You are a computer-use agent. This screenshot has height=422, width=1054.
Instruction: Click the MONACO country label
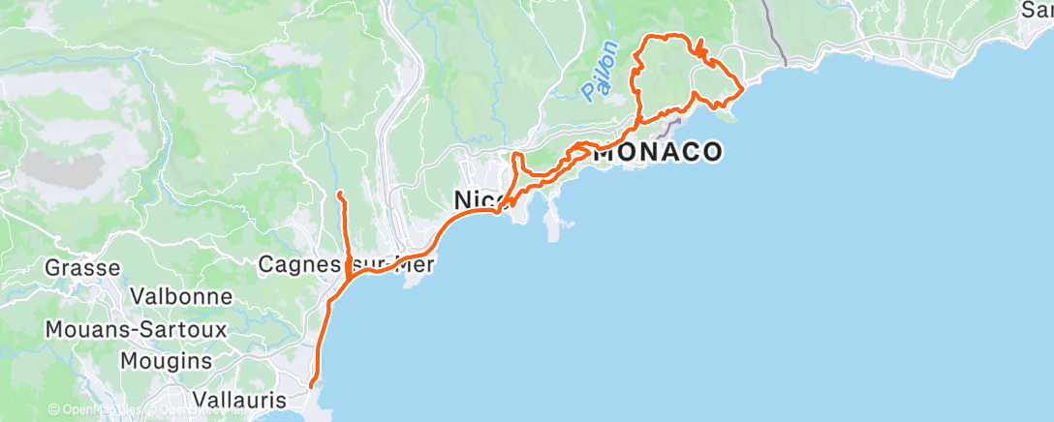[658, 152]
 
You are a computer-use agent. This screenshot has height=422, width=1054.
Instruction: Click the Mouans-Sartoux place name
[136, 329]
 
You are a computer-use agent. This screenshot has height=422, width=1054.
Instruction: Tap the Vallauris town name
[225, 399]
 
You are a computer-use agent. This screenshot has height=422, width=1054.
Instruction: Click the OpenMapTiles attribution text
[97, 409]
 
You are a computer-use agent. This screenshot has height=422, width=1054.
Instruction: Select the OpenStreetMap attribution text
[194, 409]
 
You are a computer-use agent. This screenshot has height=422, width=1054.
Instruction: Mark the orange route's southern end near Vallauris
[311, 386]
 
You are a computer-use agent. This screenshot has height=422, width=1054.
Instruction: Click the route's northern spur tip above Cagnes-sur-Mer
[338, 195]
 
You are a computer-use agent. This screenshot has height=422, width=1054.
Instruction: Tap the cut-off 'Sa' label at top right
[1038, 10]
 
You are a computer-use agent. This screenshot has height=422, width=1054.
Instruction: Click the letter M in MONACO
[604, 152]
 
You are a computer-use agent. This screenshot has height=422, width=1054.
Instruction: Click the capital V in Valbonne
[138, 296]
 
